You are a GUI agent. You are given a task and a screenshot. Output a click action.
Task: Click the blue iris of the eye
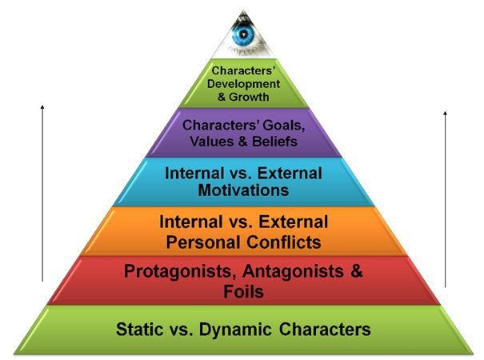pos(243,34)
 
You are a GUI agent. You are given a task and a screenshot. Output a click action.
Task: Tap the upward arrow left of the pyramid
pos(42,194)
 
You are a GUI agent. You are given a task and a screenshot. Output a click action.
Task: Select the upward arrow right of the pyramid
pos(445,199)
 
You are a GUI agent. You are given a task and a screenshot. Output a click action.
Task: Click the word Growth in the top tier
pos(249,97)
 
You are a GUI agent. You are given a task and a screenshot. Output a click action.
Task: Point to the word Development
pos(243,84)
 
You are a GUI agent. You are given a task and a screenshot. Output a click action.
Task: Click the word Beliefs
pos(274,142)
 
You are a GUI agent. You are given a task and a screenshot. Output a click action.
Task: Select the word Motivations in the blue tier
pos(243,190)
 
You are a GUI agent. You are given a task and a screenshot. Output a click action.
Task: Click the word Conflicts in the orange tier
pos(284,242)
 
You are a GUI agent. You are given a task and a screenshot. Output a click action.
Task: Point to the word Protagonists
pos(178,271)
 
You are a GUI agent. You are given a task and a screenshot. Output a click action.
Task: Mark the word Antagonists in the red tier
pos(294,271)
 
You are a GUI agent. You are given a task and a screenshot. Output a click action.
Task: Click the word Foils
pos(243,291)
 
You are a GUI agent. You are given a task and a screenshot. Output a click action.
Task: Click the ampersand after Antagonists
pos(356,271)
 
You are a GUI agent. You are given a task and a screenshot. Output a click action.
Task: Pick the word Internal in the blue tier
pos(194,174)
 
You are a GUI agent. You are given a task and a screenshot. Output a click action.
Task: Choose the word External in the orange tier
pos(294,222)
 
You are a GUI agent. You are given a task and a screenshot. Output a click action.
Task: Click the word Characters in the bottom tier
pos(325,329)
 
